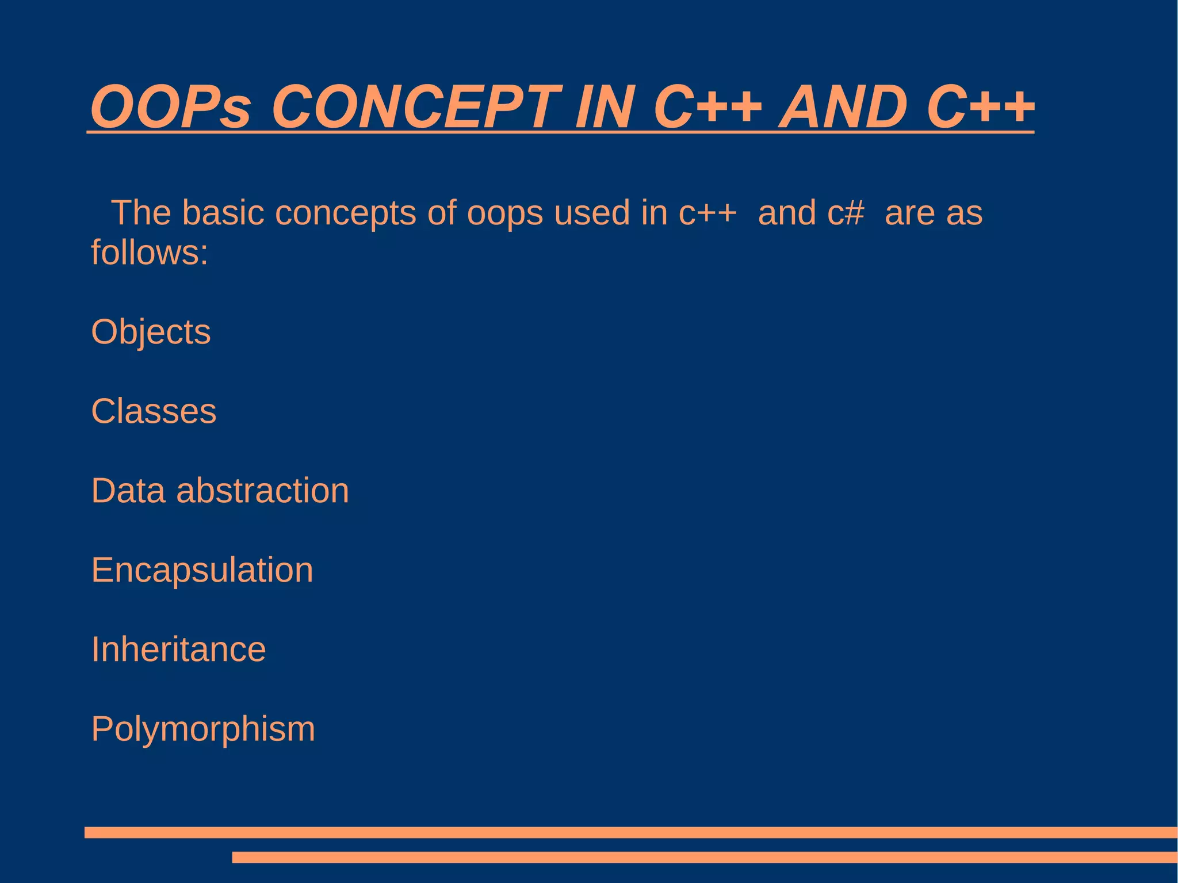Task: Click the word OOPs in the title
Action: (x=171, y=107)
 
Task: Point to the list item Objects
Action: (x=151, y=332)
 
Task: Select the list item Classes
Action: (x=154, y=412)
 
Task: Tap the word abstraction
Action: (x=262, y=491)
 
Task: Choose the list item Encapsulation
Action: (x=202, y=571)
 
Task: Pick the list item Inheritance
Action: (x=178, y=650)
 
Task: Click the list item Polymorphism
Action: (x=203, y=729)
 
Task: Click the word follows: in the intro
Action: (x=150, y=253)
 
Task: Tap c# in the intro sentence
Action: (x=846, y=213)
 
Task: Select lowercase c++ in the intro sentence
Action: (x=707, y=213)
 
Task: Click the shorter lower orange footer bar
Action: (x=704, y=858)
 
